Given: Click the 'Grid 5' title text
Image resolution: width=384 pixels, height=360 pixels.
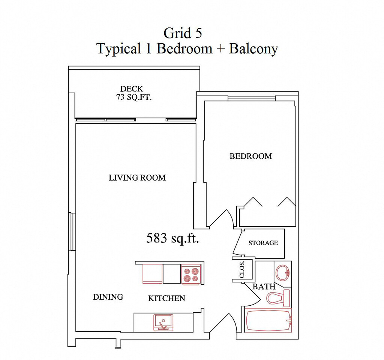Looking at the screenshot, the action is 183,33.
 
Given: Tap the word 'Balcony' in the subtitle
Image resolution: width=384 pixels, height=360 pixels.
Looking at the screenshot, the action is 253,49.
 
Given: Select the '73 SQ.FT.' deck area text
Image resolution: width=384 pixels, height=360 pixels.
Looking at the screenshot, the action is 134,97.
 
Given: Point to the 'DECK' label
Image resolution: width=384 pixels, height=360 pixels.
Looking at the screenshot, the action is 132,88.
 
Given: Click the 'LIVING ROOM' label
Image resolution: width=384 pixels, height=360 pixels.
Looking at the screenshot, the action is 137,178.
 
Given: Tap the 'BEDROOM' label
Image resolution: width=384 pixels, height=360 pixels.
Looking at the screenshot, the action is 251,156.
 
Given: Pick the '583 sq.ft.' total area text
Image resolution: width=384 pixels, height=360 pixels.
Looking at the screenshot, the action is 172,238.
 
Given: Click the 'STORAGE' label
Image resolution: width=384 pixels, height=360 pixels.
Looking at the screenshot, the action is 263,243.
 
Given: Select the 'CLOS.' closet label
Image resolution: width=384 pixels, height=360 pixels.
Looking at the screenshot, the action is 242,269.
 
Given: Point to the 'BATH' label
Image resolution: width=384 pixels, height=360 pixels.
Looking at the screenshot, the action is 264,287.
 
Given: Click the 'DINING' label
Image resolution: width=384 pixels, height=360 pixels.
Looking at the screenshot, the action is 108,297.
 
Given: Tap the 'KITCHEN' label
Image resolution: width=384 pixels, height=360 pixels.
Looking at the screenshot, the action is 166,298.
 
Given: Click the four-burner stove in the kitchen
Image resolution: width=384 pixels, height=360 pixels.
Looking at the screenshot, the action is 191,275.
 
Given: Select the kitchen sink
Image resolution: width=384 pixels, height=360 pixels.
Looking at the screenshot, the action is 163,322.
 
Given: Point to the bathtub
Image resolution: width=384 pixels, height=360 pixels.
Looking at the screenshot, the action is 268,320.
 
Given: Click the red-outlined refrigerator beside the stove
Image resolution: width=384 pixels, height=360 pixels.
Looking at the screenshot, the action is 152,274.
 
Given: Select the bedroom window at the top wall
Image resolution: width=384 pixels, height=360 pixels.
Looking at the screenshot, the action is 252,98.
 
